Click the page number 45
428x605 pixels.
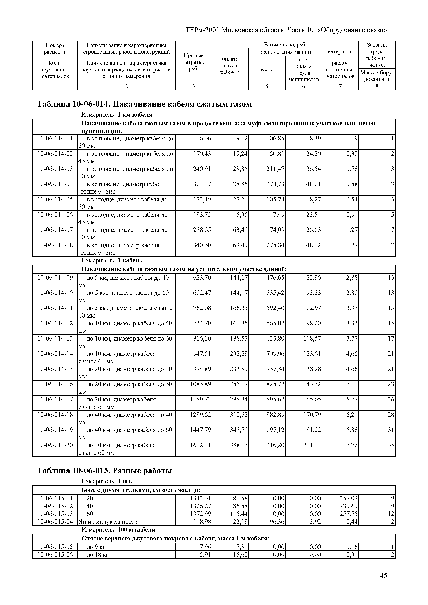coord(383,583)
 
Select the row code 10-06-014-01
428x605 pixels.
coord(55,138)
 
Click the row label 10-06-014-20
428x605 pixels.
coord(55,445)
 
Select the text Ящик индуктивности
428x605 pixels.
coord(108,522)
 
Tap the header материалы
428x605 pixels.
coord(340,52)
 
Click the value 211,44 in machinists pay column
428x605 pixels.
coord(312,445)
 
